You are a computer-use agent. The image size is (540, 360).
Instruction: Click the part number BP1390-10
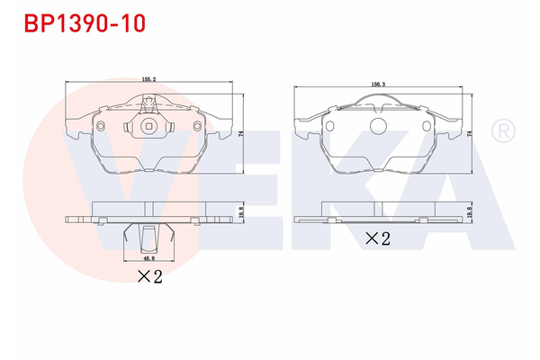(x=85, y=23)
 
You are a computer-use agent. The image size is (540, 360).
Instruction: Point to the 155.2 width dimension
(x=149, y=79)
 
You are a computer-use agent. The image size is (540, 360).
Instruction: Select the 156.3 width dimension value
(x=378, y=84)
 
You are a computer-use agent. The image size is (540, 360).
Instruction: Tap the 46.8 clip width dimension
(x=149, y=257)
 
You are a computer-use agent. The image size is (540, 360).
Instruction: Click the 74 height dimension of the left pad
(x=241, y=133)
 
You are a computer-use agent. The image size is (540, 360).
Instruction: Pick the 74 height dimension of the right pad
(x=469, y=135)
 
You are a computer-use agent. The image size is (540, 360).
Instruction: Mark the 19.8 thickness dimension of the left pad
(x=241, y=211)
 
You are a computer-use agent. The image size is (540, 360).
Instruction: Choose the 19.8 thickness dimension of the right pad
(x=469, y=211)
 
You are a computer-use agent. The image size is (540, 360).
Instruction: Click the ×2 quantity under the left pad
(x=149, y=276)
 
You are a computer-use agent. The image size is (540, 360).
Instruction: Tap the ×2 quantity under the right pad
(x=378, y=238)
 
